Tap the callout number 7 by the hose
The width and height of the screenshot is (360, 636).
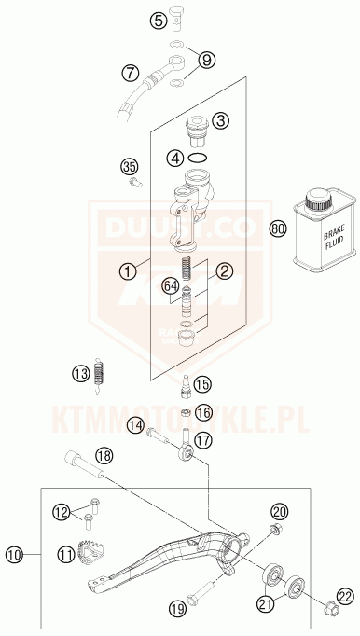coord(130,71)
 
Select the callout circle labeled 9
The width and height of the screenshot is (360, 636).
coord(207,60)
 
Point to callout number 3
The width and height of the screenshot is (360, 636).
coord(220,120)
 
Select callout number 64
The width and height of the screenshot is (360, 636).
coord(170,285)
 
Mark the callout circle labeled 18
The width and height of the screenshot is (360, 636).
coord(104,456)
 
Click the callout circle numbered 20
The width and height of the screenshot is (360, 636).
coord(278,510)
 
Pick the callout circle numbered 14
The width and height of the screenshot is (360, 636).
coord(135,425)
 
